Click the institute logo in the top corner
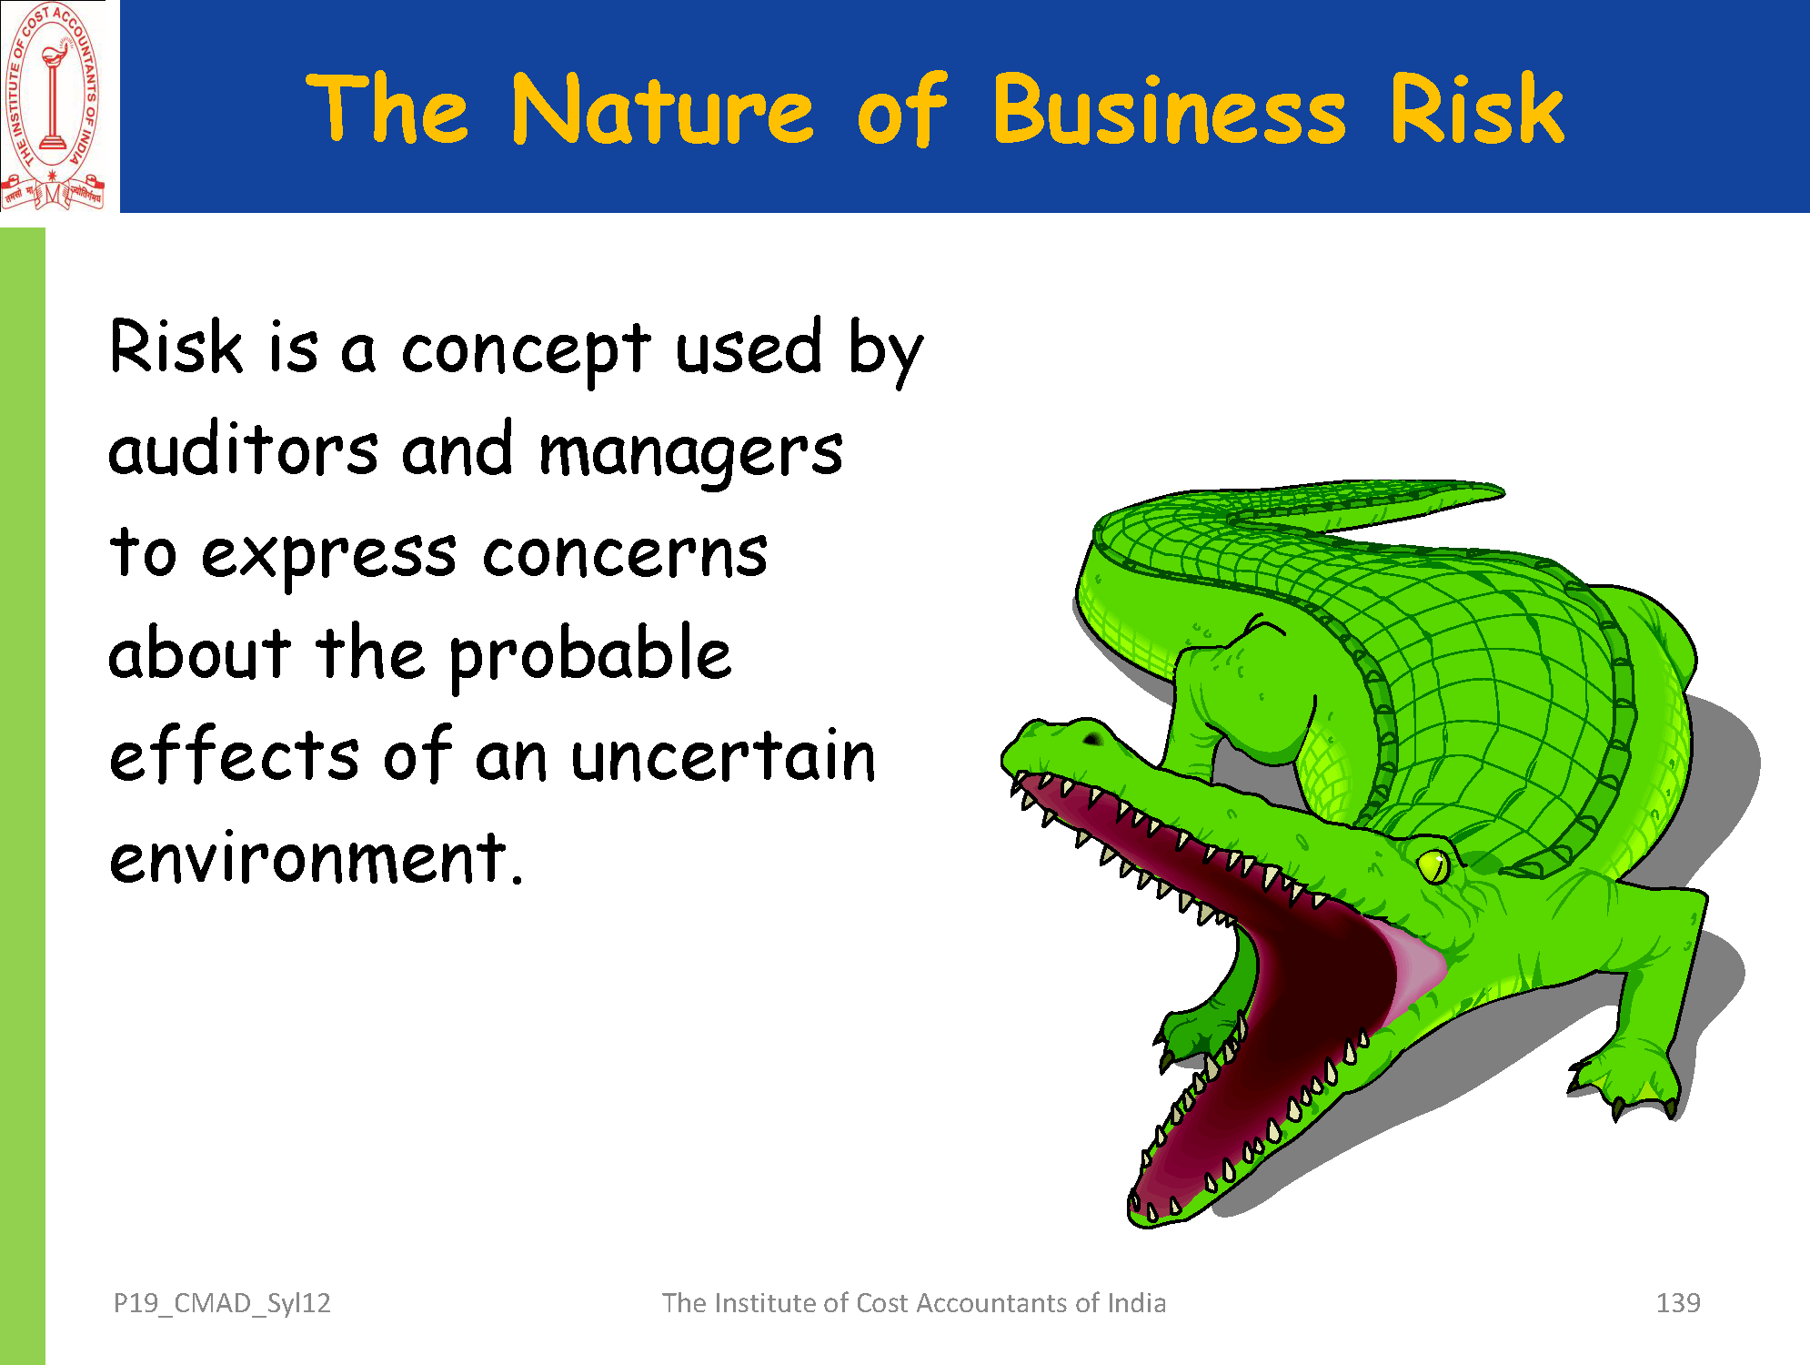pyautogui.click(x=53, y=106)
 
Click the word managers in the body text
pyautogui.click(x=691, y=454)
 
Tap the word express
pyautogui.click(x=328, y=556)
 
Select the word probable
pyautogui.click(x=590, y=655)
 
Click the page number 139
pyautogui.click(x=1678, y=1303)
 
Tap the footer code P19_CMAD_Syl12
pyautogui.click(x=222, y=1304)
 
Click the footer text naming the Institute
pyautogui.click(x=913, y=1303)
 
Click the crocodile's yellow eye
pyautogui.click(x=1433, y=864)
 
